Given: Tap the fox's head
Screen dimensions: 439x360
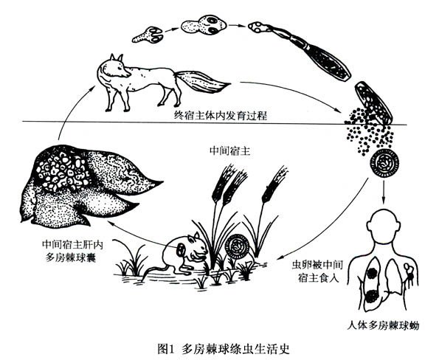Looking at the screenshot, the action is pos(118,66).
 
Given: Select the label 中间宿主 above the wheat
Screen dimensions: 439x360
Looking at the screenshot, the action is pos(230,151).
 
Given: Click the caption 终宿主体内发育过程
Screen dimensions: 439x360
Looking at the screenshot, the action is pos(221,115).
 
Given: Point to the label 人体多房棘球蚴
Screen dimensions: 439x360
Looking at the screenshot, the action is pos(383,326).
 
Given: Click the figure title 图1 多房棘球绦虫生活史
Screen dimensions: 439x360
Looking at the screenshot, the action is pos(224,349).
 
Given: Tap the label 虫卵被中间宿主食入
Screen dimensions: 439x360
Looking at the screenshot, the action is pos(317,271).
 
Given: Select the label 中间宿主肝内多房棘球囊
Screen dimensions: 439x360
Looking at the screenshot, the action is pos(72,251).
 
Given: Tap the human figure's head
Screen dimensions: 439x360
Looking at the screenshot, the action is pos(384,224).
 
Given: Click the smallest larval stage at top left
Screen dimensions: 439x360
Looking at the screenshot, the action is pos(148,35).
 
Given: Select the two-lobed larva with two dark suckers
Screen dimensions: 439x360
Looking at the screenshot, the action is pos(203,25).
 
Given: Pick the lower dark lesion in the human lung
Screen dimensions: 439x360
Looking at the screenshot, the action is pos(373,297).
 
